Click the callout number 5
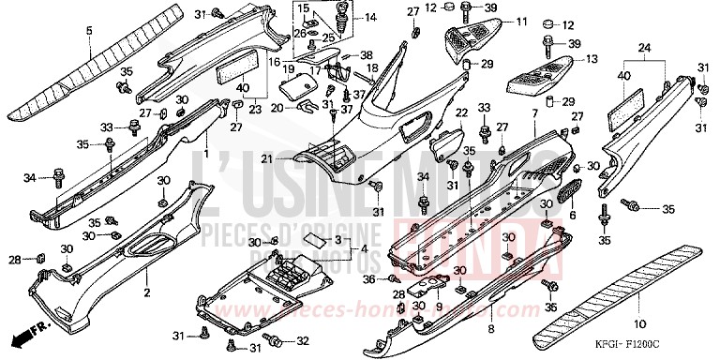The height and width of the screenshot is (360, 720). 89,31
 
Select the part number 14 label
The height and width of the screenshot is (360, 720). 370,18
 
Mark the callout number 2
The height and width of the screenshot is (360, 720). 146,292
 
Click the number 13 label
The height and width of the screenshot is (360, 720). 592,58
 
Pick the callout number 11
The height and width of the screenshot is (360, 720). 521,21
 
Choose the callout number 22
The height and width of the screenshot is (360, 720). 462,113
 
